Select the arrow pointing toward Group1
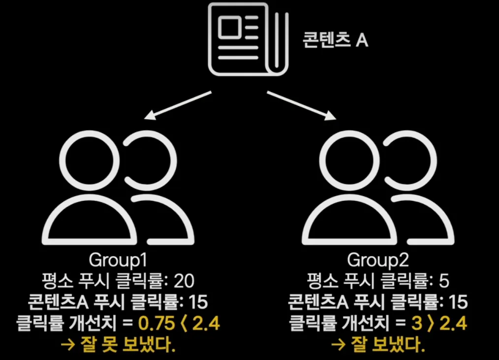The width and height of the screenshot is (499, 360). [x=180, y=105]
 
